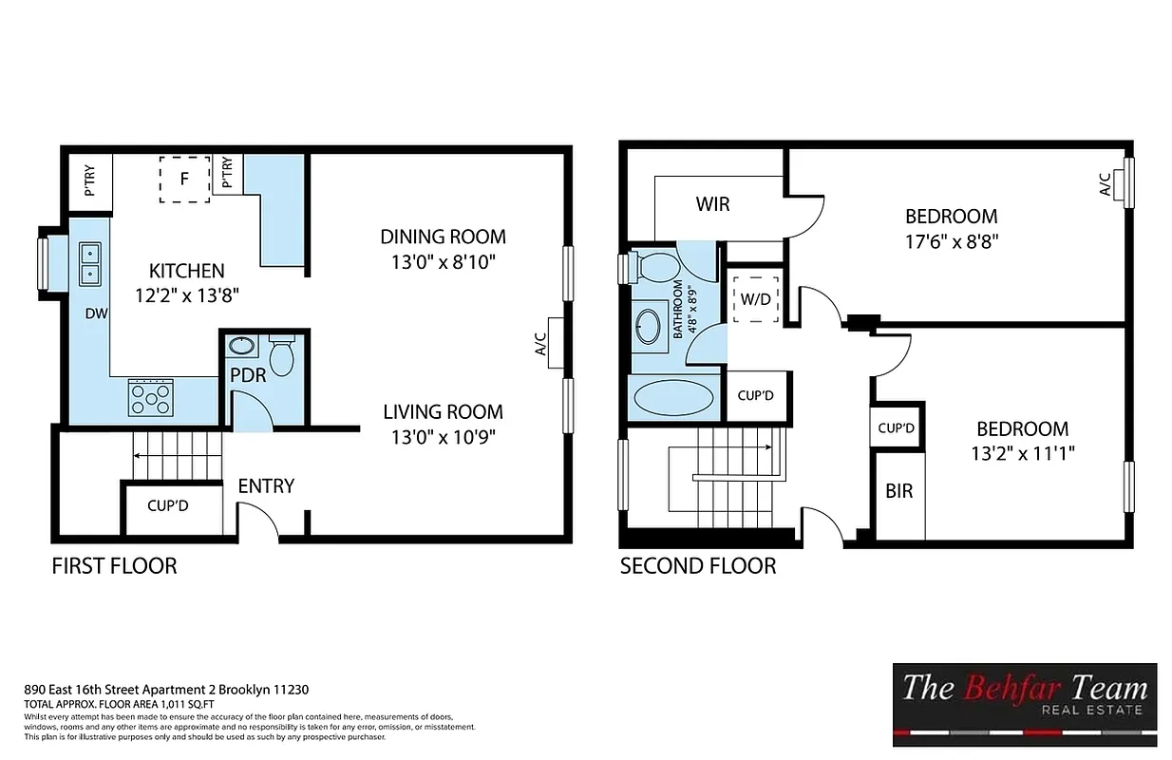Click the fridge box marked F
tap(184, 178)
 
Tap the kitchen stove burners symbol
tap(151, 397)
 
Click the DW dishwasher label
tap(95, 313)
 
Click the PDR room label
tap(248, 374)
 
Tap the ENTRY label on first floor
tap(266, 485)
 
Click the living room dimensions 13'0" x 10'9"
tap(443, 436)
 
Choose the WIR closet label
tap(712, 204)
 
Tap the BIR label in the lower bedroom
tap(898, 492)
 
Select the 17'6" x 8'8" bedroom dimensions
tap(951, 240)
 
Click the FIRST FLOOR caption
tap(114, 566)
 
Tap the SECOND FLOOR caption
tap(698, 566)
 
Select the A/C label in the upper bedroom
tap(1105, 184)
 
